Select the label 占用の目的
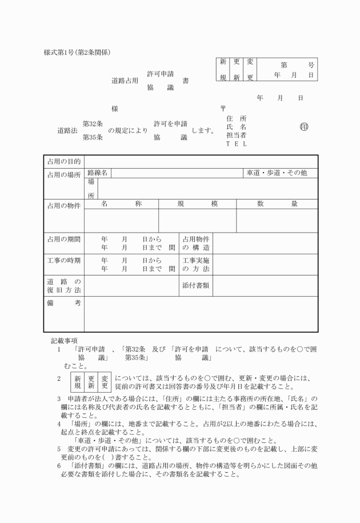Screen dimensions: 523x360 tap(64, 162)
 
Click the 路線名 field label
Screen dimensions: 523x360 tap(98, 173)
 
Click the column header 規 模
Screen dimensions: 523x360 tap(197, 203)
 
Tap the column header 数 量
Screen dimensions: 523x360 tap(277, 203)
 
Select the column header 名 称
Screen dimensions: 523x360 tap(121, 203)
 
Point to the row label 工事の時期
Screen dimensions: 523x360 tap(64, 261)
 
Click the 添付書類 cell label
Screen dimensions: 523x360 tap(195, 284)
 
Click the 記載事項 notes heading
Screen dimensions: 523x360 tap(64, 341)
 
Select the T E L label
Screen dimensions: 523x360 tap(236, 143)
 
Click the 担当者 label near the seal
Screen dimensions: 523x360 tap(236, 135)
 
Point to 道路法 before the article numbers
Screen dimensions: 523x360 tap(68, 130)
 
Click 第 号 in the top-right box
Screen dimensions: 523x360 tap(294, 65)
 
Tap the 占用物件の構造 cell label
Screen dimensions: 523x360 tap(195, 243)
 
